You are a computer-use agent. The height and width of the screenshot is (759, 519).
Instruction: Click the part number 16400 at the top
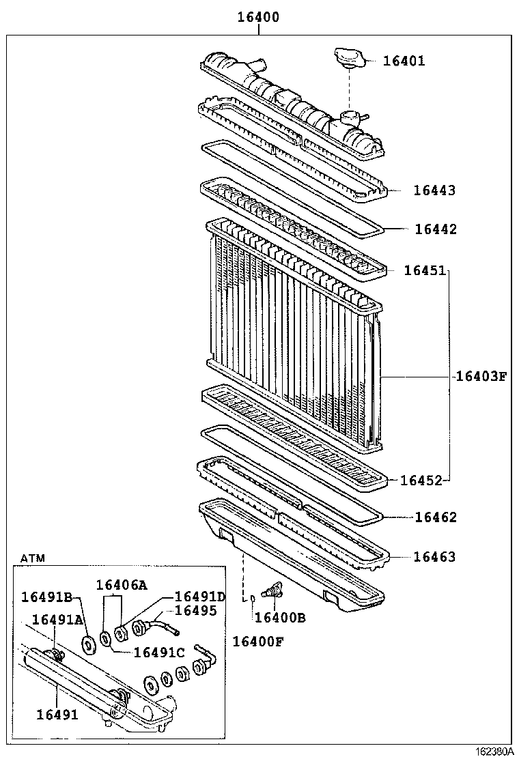click(258, 18)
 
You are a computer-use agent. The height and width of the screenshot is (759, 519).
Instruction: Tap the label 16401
click(404, 61)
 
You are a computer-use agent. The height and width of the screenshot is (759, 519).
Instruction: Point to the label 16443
click(434, 190)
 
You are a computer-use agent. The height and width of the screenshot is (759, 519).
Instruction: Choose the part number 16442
click(436, 229)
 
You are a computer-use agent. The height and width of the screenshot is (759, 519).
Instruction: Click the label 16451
click(425, 270)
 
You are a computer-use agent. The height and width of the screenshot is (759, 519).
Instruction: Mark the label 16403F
click(481, 375)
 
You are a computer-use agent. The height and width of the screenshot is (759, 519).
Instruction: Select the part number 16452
click(421, 481)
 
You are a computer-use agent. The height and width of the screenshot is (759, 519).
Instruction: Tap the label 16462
click(436, 517)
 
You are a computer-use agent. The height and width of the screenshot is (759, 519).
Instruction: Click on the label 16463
click(434, 557)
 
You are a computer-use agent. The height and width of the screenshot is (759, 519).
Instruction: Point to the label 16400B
click(279, 618)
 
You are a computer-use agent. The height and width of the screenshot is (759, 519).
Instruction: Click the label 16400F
click(257, 641)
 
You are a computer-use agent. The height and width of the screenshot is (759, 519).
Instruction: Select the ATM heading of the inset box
click(32, 558)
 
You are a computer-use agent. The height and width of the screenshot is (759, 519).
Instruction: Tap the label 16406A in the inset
click(121, 584)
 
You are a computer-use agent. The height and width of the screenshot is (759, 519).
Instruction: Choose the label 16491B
click(46, 597)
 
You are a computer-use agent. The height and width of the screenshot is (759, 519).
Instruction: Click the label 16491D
click(200, 597)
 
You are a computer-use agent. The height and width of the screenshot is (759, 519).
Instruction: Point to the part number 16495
click(195, 610)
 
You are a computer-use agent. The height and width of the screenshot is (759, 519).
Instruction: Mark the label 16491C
click(159, 652)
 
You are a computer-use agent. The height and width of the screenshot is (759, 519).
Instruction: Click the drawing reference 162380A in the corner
click(494, 751)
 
